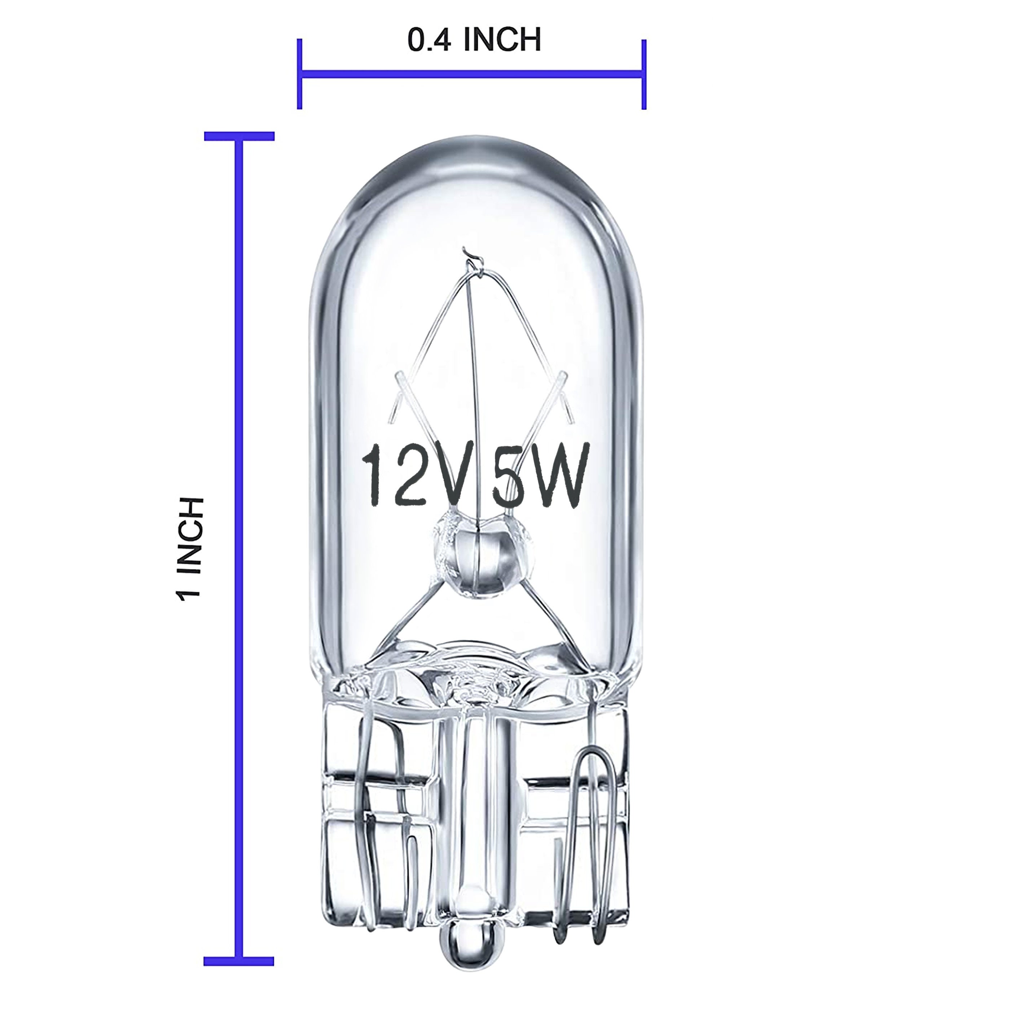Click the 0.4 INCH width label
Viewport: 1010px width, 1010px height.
coord(474,40)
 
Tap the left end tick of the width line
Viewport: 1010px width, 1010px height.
coord(299,74)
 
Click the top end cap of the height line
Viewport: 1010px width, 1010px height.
coord(239,136)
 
